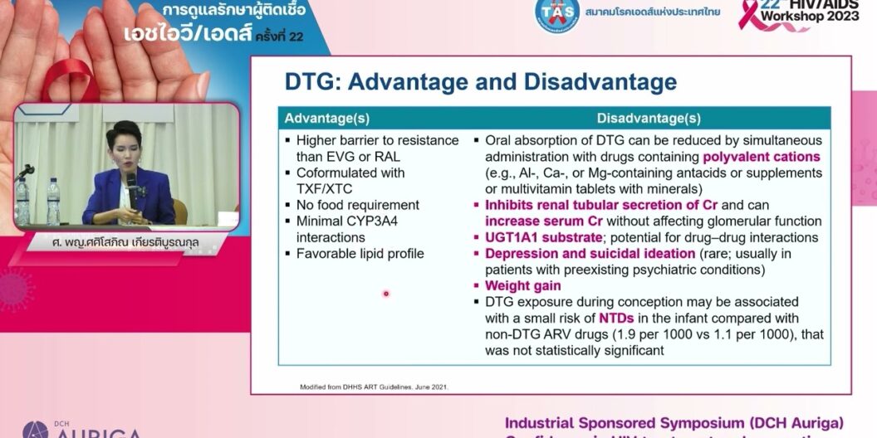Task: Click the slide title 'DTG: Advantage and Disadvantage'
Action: pyautogui.click(x=480, y=82)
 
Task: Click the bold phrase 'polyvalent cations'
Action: pyautogui.click(x=762, y=157)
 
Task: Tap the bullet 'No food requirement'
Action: pyautogui.click(x=358, y=205)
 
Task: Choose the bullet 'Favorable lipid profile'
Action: pyautogui.click(x=360, y=254)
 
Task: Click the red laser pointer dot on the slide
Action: pyautogui.click(x=385, y=293)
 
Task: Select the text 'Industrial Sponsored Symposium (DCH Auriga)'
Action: pyautogui.click(x=674, y=422)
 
